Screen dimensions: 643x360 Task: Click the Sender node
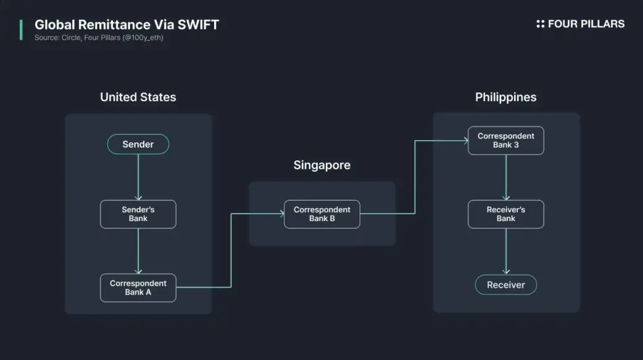[138, 144]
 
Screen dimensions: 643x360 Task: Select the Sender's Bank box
[138, 214]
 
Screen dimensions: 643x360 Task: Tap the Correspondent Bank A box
[138, 288]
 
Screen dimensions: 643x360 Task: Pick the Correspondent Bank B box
[322, 214]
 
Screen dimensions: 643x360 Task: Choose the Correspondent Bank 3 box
[505, 140]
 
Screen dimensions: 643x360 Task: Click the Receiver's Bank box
[505, 214]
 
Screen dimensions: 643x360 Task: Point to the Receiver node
[505, 285]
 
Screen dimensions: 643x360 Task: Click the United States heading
[138, 97]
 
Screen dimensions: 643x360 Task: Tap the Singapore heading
[322, 165]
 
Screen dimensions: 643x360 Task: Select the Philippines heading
[505, 98]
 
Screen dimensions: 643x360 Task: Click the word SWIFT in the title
[199, 25]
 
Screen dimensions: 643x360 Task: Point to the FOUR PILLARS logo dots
[541, 24]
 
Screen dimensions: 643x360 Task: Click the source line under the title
[99, 38]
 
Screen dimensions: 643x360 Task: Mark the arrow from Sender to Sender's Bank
[138, 177]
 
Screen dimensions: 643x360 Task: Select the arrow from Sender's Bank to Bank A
[138, 251]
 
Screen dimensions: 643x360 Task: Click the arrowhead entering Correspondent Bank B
[282, 214]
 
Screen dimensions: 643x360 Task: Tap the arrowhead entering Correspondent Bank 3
[466, 141]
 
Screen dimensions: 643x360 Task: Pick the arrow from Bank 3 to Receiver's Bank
[506, 177]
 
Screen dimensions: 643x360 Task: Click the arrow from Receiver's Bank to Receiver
[506, 251]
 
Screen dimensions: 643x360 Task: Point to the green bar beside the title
[21, 30]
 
